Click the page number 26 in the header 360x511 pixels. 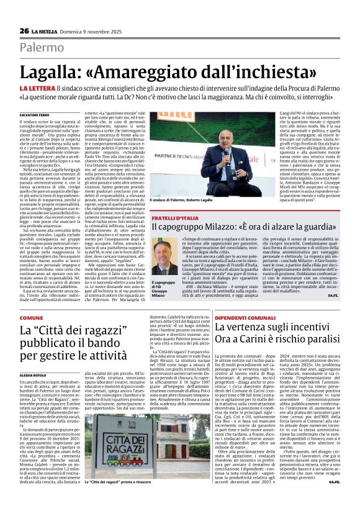24,30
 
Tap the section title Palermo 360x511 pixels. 42,47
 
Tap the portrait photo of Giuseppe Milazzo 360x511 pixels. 164,256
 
